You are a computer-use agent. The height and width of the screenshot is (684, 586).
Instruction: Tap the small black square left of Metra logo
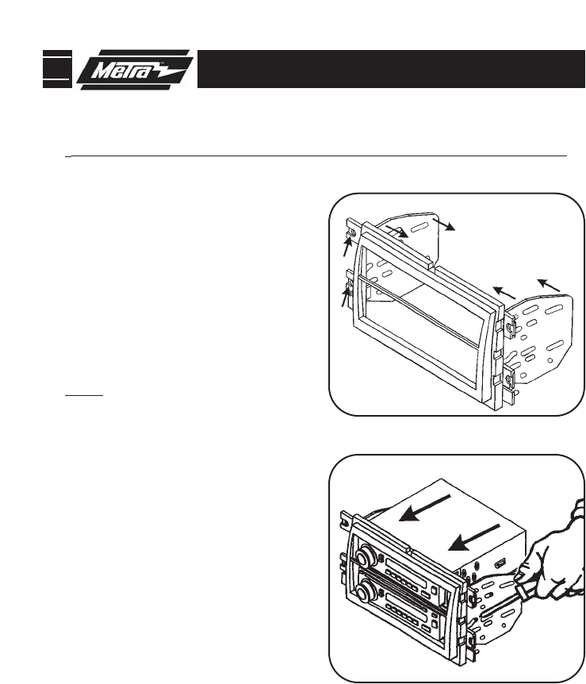(56, 69)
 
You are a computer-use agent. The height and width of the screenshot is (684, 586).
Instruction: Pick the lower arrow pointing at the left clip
(345, 297)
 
